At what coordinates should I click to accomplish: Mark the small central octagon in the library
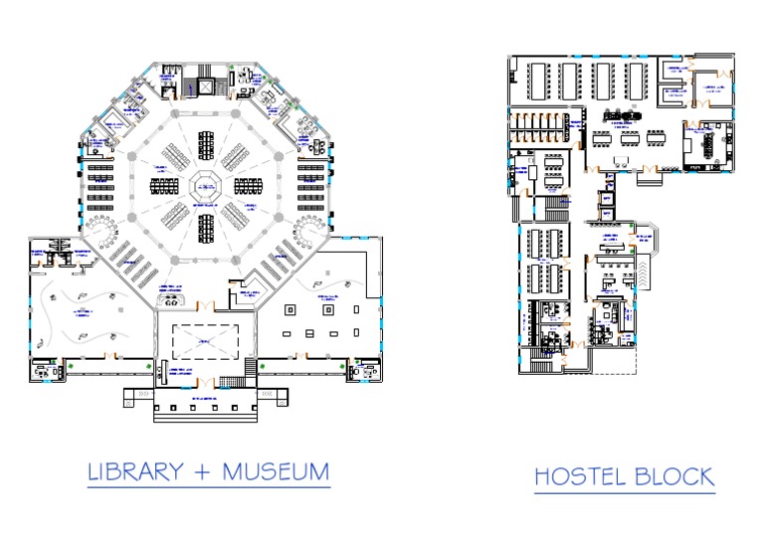tap(207, 185)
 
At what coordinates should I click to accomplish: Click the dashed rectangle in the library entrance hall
tap(206, 342)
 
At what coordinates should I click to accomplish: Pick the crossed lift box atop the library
tap(206, 87)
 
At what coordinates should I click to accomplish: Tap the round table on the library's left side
tap(101, 231)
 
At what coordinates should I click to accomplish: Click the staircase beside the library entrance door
tap(231, 382)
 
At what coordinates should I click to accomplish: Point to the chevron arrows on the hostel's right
tap(647, 269)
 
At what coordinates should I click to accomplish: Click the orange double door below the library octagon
tap(206, 303)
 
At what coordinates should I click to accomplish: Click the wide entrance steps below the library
tap(207, 406)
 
